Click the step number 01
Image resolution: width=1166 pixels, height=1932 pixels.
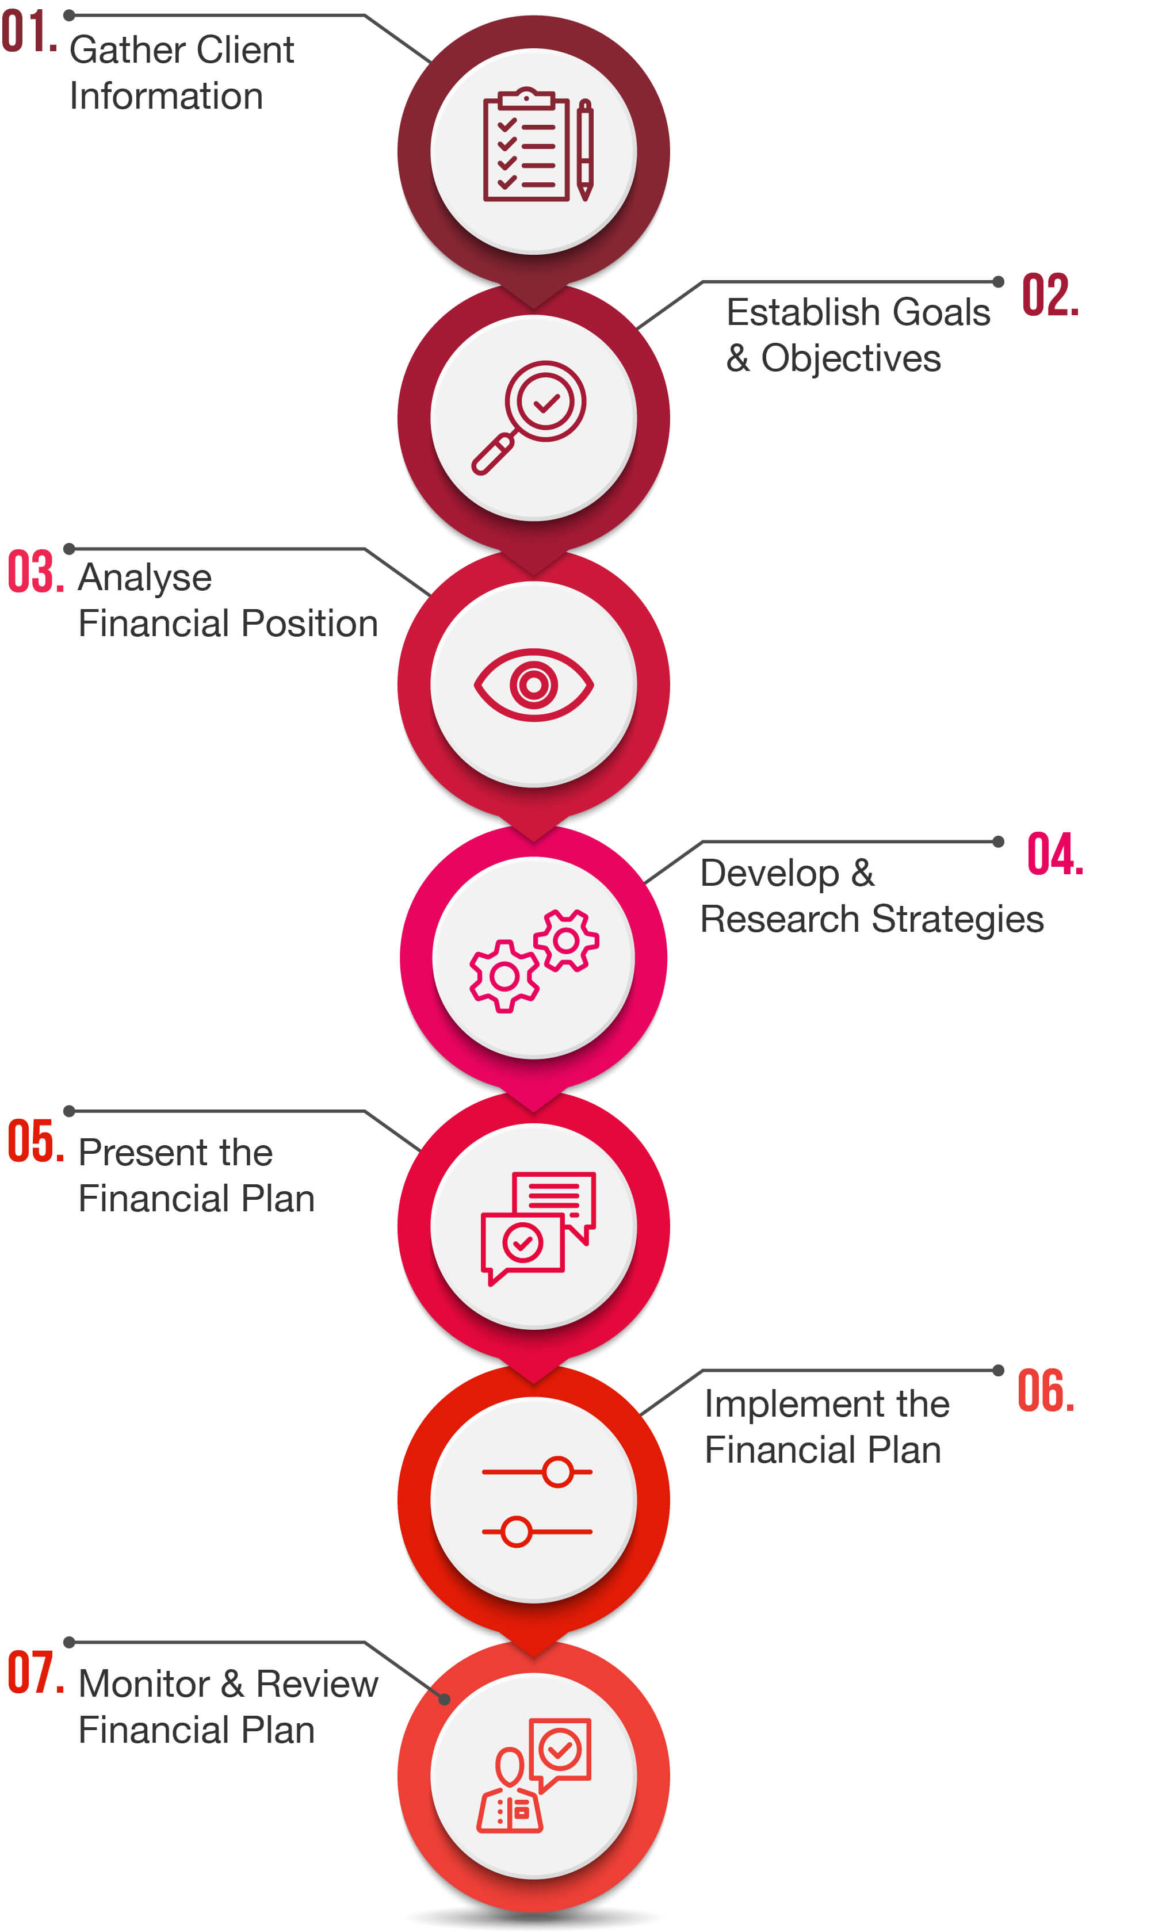(29, 33)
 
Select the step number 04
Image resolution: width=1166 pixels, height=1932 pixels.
(1054, 854)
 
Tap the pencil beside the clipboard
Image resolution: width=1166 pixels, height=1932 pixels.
(585, 149)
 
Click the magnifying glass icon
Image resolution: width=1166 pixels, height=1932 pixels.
(529, 417)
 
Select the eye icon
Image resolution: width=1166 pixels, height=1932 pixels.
(533, 684)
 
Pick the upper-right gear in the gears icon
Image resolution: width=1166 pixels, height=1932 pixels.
(566, 940)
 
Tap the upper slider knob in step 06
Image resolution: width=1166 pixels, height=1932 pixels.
(557, 1472)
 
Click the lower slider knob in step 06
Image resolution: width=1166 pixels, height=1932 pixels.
(516, 1531)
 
